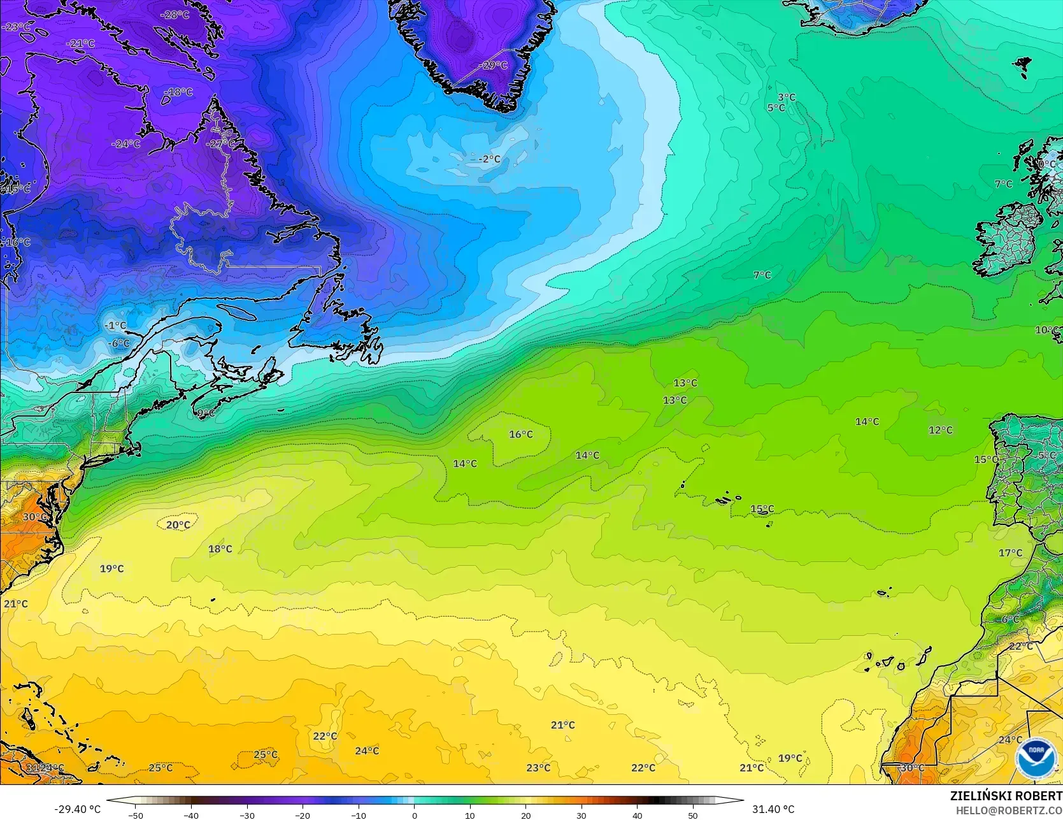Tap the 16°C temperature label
pyautogui.click(x=521, y=435)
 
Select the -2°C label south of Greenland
pyautogui.click(x=489, y=159)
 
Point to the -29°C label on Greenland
pyautogui.click(x=493, y=66)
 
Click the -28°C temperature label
pyautogui.click(x=175, y=15)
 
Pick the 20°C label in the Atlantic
pyautogui.click(x=178, y=525)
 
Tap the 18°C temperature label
pyautogui.click(x=220, y=549)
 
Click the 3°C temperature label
pyautogui.click(x=787, y=97)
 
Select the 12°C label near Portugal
pyautogui.click(x=940, y=430)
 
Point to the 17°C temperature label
pyautogui.click(x=1010, y=553)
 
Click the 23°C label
pyautogui.click(x=538, y=768)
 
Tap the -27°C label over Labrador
pyautogui.click(x=220, y=144)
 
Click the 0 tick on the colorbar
pyautogui.click(x=415, y=815)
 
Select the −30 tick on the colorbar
pyautogui.click(x=247, y=815)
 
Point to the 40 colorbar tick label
pyautogui.click(x=638, y=815)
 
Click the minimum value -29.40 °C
pyautogui.click(x=77, y=809)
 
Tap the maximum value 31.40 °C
pyautogui.click(x=773, y=809)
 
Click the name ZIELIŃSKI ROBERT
pyautogui.click(x=1006, y=796)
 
